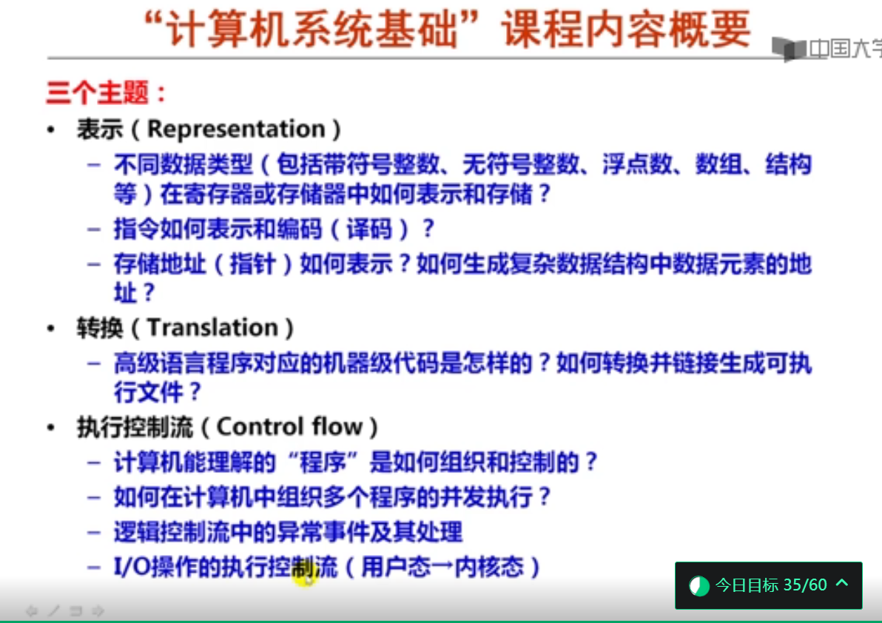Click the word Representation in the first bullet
pos(236,129)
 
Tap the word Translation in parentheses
pos(212,327)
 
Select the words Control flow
pos(290,427)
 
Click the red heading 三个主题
pos(98,92)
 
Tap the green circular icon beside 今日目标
pos(699,586)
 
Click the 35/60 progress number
pos(805,585)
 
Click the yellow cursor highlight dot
pos(304,576)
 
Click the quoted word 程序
pos(323,462)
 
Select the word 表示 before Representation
pos(100,129)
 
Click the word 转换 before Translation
pos(100,328)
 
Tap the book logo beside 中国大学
pos(789,49)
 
